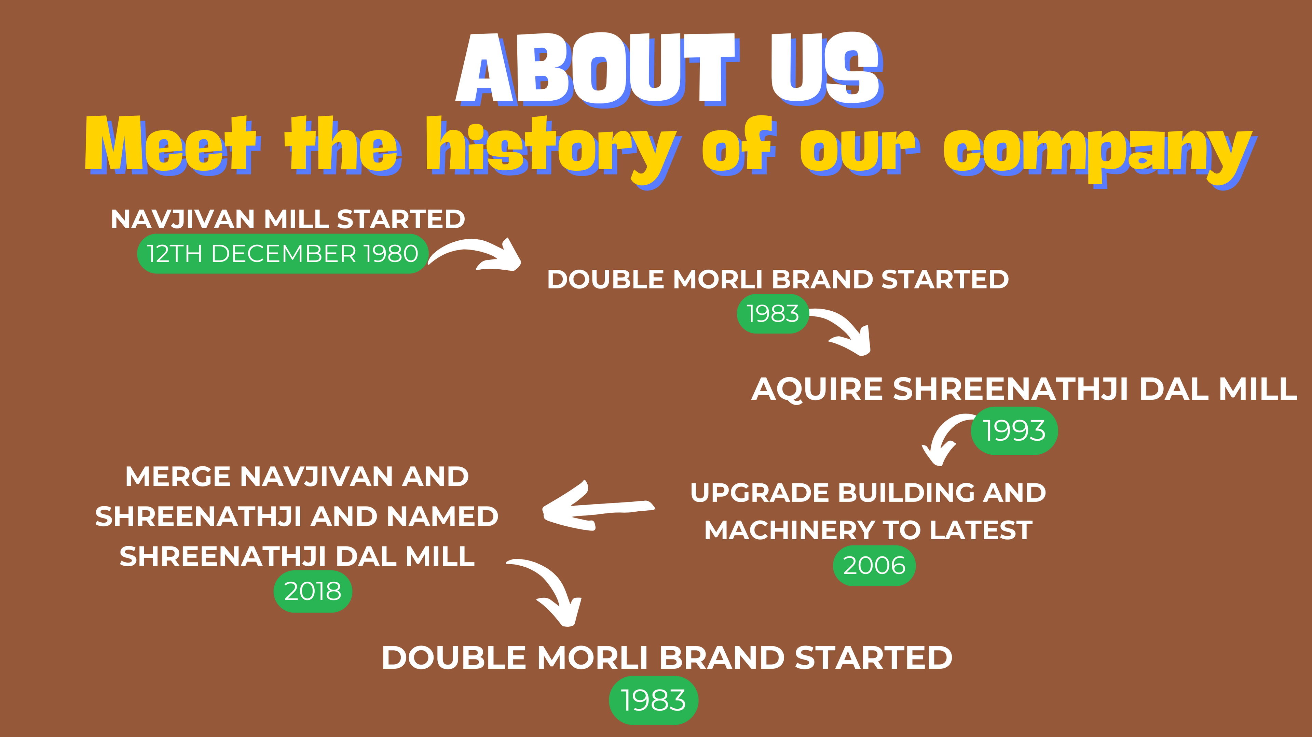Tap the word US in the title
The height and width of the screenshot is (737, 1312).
click(x=826, y=69)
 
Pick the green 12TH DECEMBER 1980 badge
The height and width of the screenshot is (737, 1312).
click(x=283, y=254)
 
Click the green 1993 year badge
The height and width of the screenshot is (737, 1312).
click(x=1014, y=430)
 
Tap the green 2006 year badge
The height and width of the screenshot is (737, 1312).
click(x=874, y=566)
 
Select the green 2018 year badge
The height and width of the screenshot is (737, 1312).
click(x=313, y=592)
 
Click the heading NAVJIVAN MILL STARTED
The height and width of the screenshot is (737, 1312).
click(x=288, y=219)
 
